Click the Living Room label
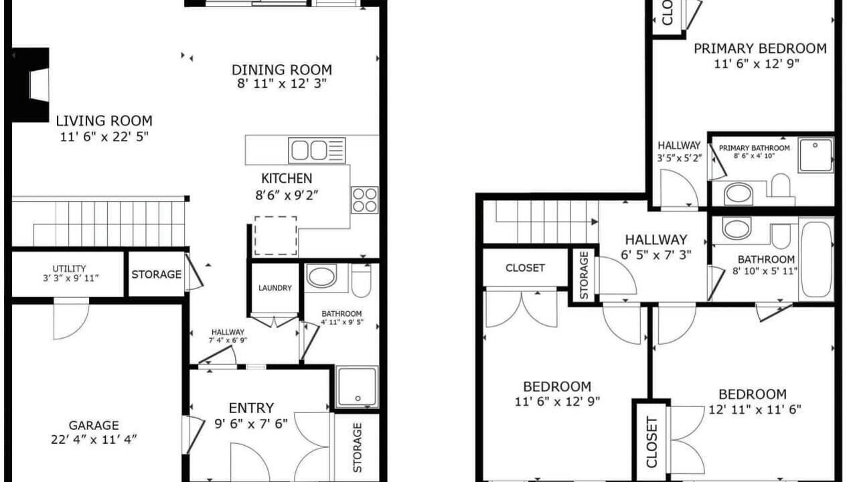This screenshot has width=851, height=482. [104, 121]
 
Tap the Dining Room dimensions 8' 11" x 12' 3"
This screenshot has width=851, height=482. [281, 84]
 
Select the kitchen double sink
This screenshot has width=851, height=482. [317, 151]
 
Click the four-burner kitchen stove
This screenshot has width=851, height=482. [364, 199]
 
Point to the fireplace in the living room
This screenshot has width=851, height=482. [30, 85]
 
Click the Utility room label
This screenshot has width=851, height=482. [69, 268]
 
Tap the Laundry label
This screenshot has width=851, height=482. [275, 288]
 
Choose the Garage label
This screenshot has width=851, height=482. [94, 425]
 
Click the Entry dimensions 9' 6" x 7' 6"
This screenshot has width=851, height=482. [250, 424]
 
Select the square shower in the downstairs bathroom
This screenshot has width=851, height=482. [357, 387]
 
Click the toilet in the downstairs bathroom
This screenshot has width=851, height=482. [361, 280]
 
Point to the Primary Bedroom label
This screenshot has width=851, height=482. [760, 49]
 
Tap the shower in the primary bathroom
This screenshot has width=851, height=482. [816, 155]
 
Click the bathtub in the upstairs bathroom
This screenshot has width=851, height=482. [816, 258]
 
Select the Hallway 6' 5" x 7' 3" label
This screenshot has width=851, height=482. [656, 240]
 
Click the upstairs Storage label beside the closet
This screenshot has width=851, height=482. [584, 275]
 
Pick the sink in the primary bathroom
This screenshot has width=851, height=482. [739, 194]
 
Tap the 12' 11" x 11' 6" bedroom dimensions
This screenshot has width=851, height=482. [755, 410]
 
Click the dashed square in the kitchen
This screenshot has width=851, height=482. [275, 236]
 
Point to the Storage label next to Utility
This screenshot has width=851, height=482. [157, 274]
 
